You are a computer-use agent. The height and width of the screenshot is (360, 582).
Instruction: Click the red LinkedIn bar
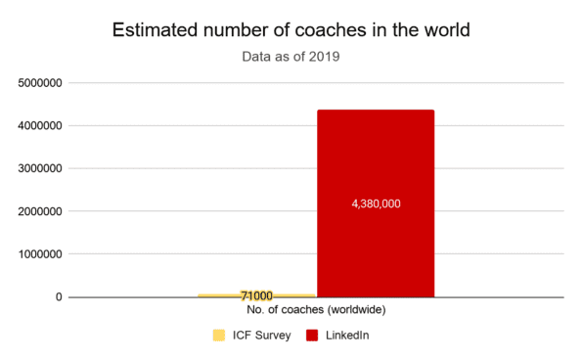[376, 157]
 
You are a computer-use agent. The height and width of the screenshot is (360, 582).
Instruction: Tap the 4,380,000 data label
[376, 203]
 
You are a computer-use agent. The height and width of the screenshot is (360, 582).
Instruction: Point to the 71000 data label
[255, 295]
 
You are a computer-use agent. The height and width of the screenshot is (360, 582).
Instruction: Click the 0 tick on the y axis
[60, 296]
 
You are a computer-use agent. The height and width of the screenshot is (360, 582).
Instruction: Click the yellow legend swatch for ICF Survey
[219, 336]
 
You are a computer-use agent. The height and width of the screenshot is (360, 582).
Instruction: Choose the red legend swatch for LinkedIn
[312, 336]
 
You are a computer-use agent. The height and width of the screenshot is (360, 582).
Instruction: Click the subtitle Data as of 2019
[291, 57]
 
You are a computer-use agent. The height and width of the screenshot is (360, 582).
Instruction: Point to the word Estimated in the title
[158, 29]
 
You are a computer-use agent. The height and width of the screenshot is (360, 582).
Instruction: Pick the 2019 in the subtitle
[324, 57]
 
